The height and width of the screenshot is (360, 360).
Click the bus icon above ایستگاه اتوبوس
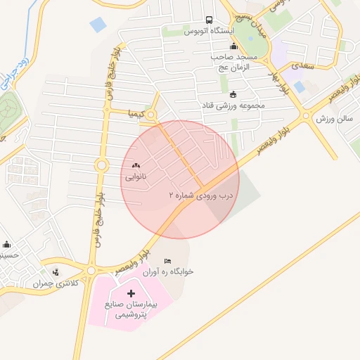pyautogui.click(x=209, y=20)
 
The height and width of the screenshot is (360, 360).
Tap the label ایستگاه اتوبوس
pyautogui.click(x=209, y=32)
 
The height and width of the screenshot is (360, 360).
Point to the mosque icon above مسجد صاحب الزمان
pyautogui.click(x=233, y=46)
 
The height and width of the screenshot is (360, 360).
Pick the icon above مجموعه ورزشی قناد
pyautogui.click(x=233, y=94)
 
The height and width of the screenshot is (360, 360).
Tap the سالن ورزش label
pyautogui.click(x=333, y=120)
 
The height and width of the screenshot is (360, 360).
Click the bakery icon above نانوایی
pyautogui.click(x=136, y=166)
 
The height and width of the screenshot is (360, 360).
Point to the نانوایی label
pyautogui.click(x=136, y=177)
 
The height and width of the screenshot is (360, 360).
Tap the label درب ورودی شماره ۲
pyautogui.click(x=200, y=194)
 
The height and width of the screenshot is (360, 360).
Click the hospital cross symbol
pyautogui.click(x=131, y=292)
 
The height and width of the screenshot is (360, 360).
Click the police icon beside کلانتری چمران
pyautogui.click(x=55, y=272)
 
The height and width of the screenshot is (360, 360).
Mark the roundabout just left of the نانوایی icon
pyautogui.click(x=101, y=166)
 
